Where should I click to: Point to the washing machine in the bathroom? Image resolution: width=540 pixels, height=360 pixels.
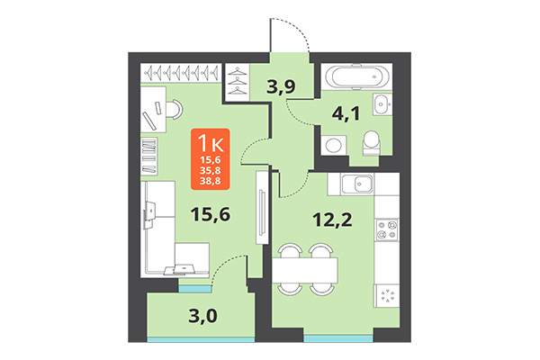(x=335, y=144)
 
